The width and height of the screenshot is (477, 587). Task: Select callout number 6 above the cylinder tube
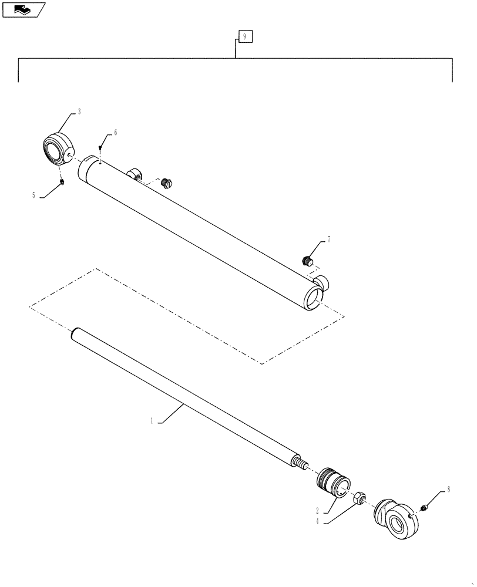click(115, 133)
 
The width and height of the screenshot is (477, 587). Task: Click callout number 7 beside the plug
click(329, 239)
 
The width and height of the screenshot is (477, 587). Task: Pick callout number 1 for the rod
click(152, 420)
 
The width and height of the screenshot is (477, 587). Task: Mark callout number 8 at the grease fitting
click(449, 488)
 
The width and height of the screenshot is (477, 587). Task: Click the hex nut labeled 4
click(360, 497)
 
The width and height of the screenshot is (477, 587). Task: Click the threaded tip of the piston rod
click(301, 464)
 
